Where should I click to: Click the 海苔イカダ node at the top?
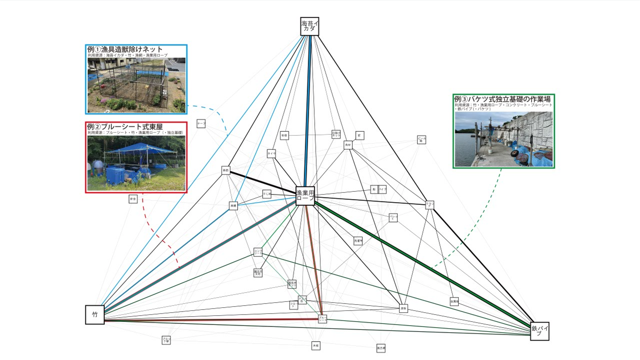click(310, 26)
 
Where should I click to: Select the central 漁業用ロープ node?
click(305, 196)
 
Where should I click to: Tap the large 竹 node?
click(95, 315)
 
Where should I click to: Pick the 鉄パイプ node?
click(539, 331)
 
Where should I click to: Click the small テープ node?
click(201, 123)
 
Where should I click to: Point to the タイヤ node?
click(271, 153)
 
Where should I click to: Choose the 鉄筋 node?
click(226, 170)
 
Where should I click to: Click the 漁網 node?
click(233, 206)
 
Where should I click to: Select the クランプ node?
click(430, 204)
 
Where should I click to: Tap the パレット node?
click(393, 218)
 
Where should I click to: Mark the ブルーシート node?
click(322, 319)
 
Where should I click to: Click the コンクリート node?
click(258, 252)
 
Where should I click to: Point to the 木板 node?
click(316, 346)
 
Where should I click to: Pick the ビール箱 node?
click(421, 139)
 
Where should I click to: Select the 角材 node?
click(348, 145)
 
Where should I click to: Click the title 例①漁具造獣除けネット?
click(125, 49)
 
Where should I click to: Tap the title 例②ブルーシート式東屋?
click(125, 127)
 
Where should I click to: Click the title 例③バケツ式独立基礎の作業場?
click(502, 99)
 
